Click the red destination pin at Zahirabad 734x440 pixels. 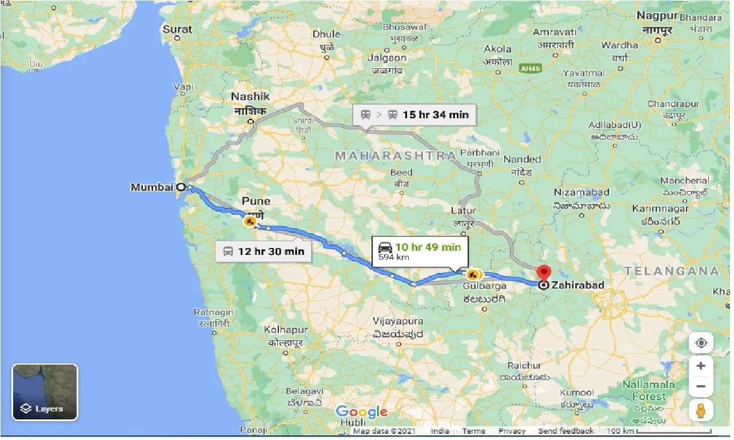(x=544, y=271)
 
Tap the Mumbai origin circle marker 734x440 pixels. (x=181, y=187)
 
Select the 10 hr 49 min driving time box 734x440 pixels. (x=420, y=251)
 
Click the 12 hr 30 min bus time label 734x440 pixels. (x=264, y=251)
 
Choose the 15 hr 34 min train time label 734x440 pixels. (x=414, y=114)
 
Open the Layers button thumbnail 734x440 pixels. (x=45, y=392)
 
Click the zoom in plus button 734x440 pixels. (x=701, y=366)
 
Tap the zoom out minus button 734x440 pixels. (x=701, y=387)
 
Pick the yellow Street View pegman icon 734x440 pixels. (x=701, y=410)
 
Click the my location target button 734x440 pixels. (x=701, y=343)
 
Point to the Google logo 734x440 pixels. (x=361, y=412)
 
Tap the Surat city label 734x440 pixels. (x=177, y=29)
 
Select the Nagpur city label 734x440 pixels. (x=657, y=15)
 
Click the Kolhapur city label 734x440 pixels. (x=286, y=330)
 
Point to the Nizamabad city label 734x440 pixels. (x=581, y=193)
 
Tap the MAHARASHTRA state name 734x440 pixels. (x=396, y=155)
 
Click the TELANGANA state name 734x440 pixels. (x=671, y=271)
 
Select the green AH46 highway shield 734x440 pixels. (x=530, y=68)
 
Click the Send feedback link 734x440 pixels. (x=565, y=431)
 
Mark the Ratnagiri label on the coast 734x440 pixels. (x=214, y=313)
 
